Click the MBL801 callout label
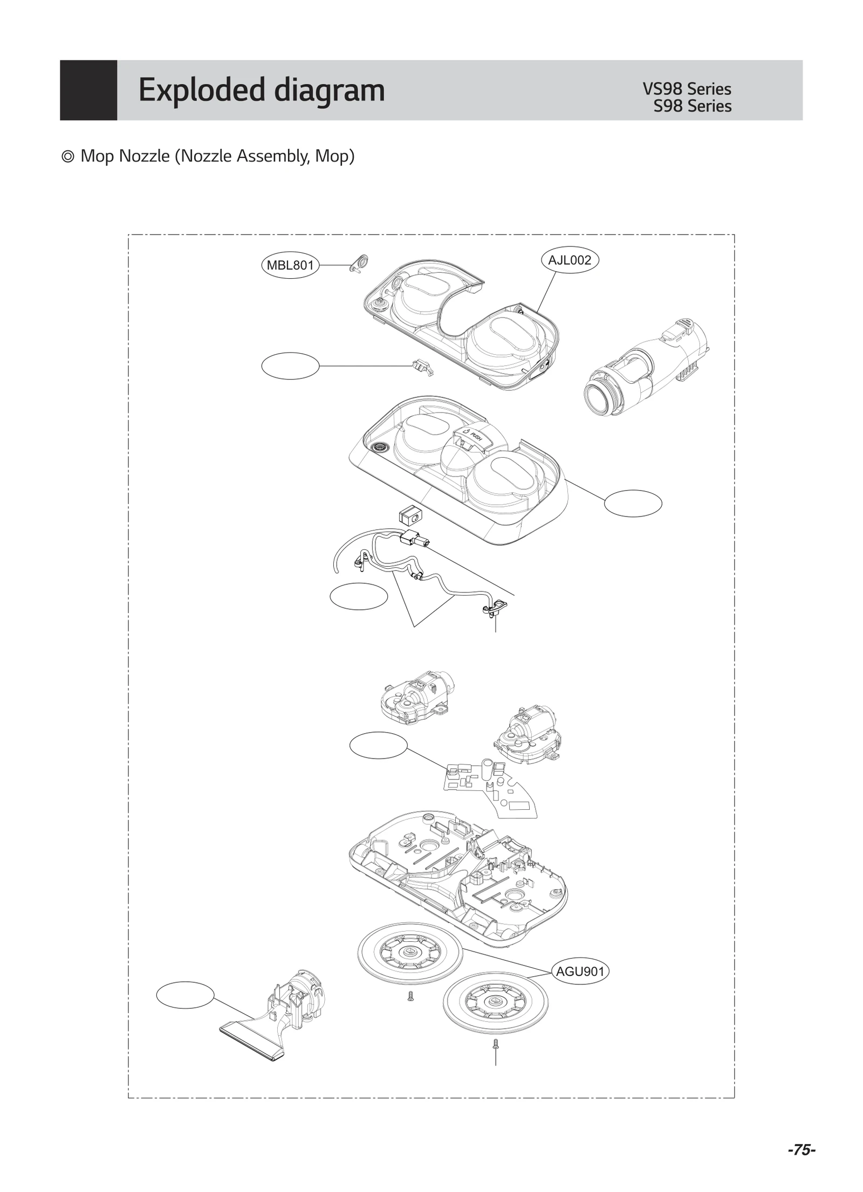tap(290, 265)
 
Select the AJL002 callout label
tap(570, 260)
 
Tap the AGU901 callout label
tap(580, 971)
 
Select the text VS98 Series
tap(687, 89)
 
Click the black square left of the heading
tap(88, 90)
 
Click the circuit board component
tap(488, 788)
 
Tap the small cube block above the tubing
tap(410, 515)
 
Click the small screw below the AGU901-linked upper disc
tap(410, 997)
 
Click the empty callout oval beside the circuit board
tap(378, 745)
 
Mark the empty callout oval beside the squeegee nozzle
tap(185, 995)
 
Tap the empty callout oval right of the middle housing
tap(633, 503)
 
